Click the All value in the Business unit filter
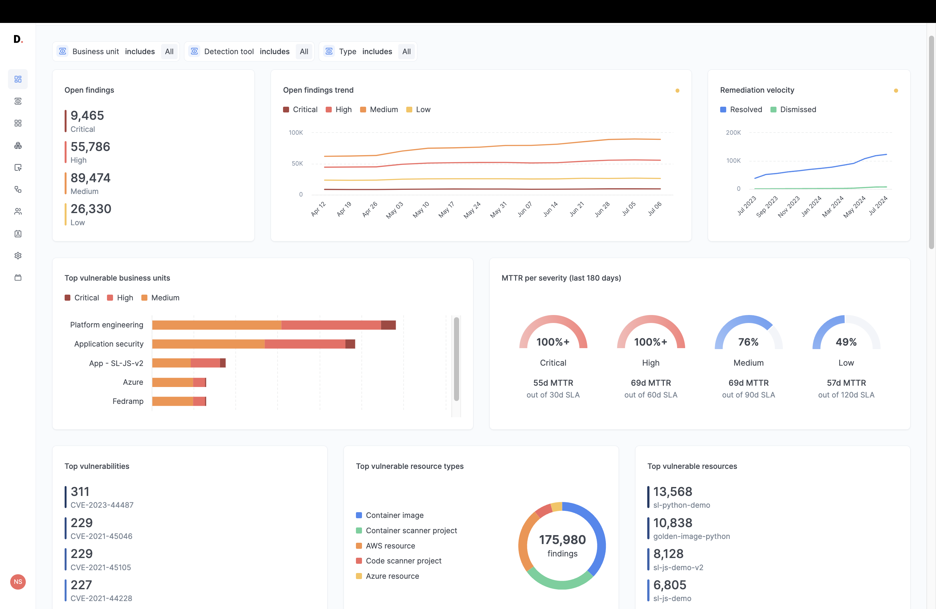pyautogui.click(x=169, y=52)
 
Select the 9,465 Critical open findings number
pyautogui.click(x=87, y=116)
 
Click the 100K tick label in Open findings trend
pyautogui.click(x=296, y=133)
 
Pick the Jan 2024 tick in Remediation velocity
pyautogui.click(x=811, y=206)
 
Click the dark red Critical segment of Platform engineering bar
pyautogui.click(x=388, y=325)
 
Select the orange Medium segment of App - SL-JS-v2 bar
pyautogui.click(x=171, y=363)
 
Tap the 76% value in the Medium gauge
pyautogui.click(x=748, y=342)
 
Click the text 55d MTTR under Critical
pyautogui.click(x=553, y=383)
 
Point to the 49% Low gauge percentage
pyautogui.click(x=846, y=342)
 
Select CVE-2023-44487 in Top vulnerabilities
pyautogui.click(x=102, y=505)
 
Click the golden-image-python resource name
pyautogui.click(x=691, y=536)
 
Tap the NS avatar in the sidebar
pyautogui.click(x=18, y=582)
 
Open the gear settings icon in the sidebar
pyautogui.click(x=18, y=256)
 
